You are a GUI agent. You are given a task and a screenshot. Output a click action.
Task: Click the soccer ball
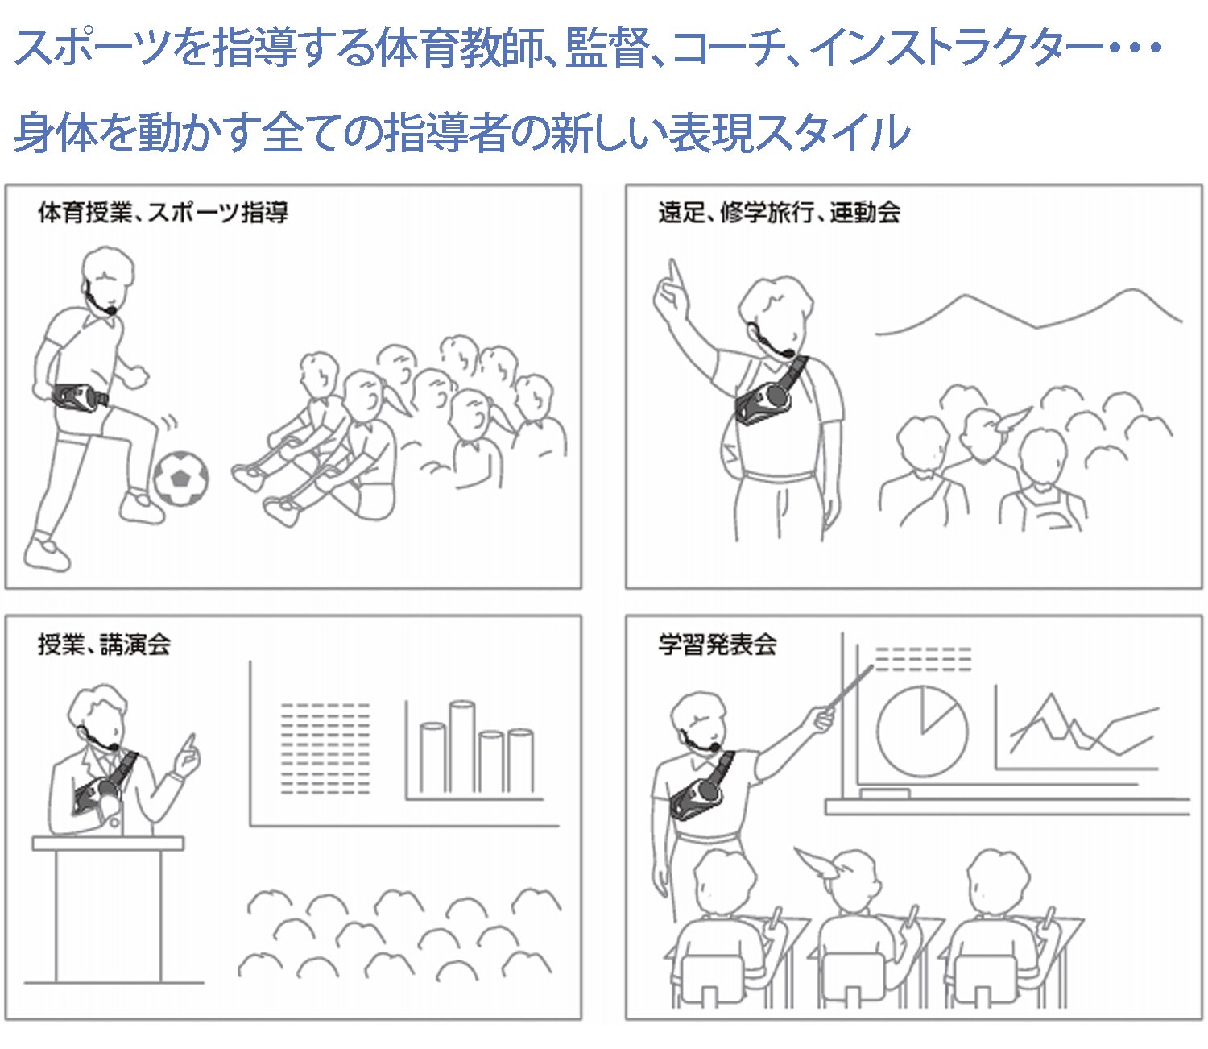tap(181, 478)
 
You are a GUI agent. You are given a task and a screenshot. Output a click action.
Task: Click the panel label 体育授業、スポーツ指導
tap(163, 213)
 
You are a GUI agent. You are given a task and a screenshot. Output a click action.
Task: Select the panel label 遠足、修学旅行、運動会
tap(780, 213)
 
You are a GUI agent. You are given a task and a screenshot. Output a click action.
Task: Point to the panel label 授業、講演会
tap(105, 644)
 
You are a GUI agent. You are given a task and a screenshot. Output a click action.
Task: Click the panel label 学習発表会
tap(718, 644)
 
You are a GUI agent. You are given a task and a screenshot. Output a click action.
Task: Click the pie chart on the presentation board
tap(921, 732)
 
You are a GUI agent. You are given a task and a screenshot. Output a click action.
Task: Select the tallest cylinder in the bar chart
tap(461, 746)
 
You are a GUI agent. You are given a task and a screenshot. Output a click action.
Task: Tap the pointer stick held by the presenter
tap(850, 687)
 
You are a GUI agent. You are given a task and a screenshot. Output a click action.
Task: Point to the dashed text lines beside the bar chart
tap(325, 748)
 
